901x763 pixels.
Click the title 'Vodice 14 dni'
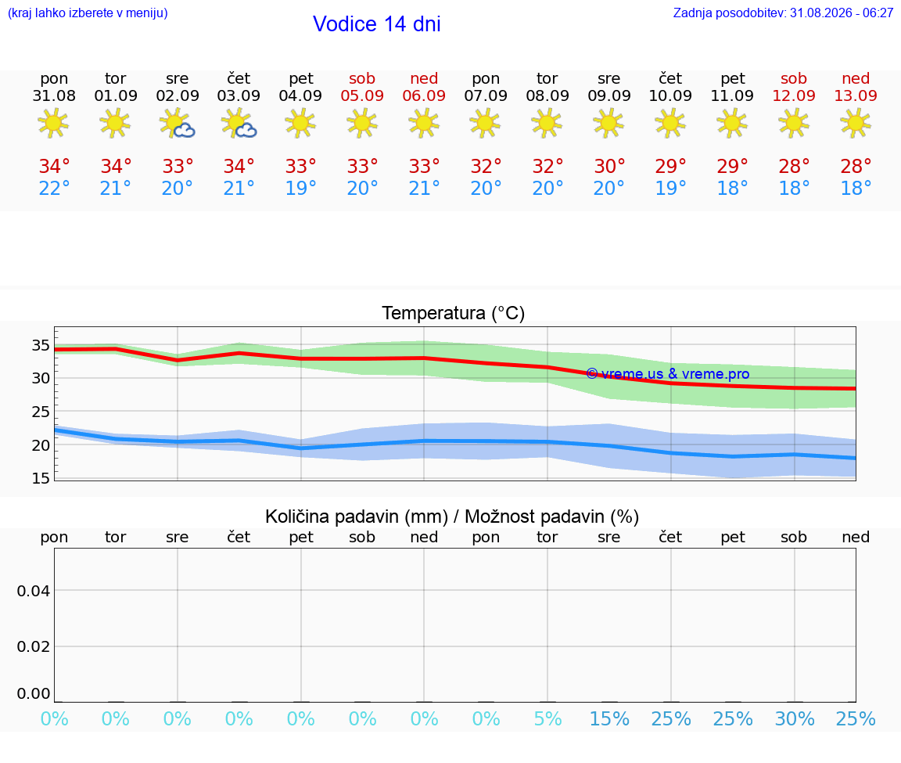(376, 24)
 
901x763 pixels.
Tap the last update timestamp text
(783, 13)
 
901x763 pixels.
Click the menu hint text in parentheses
(88, 13)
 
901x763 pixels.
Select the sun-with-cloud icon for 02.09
(177, 124)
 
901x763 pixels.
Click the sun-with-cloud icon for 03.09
(239, 124)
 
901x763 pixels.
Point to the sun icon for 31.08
(53, 123)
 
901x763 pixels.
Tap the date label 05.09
(362, 95)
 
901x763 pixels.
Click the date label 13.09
(856, 95)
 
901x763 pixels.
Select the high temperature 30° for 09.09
(609, 166)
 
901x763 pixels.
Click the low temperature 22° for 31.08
(54, 188)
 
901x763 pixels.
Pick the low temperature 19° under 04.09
(300, 188)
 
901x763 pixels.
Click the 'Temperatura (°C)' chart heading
(454, 313)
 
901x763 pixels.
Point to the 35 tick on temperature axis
(41, 346)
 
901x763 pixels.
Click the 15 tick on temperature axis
(41, 478)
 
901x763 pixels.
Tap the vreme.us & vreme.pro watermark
(668, 374)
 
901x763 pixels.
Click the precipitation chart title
(452, 516)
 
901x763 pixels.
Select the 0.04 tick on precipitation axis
(34, 591)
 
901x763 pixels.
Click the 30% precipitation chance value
(795, 718)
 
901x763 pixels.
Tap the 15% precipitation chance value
(610, 718)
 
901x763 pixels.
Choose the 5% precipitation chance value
(547, 718)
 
